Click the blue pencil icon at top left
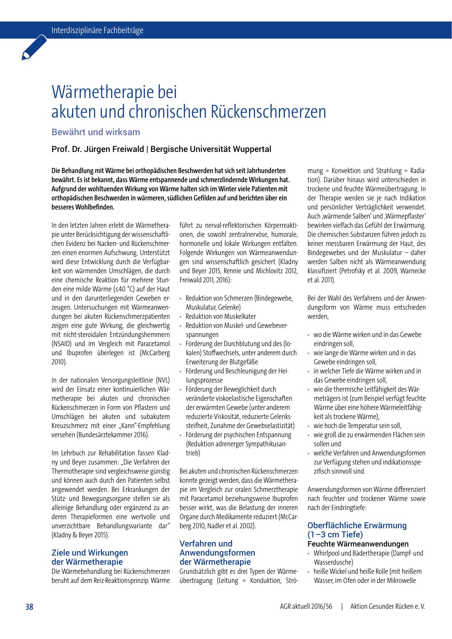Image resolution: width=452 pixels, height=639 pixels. (34, 48)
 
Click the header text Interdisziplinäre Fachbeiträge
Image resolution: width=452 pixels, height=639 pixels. (97, 30)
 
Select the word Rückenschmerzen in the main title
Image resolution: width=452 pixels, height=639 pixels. (268, 112)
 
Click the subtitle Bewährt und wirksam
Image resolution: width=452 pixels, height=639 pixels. (96, 132)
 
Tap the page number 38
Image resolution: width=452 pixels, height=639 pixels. (29, 607)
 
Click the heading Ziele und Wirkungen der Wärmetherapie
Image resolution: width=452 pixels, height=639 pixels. (90, 557)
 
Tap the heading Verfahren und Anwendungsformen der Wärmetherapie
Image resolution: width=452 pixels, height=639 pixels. (217, 553)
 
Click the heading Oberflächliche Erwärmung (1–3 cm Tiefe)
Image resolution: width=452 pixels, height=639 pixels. (357, 530)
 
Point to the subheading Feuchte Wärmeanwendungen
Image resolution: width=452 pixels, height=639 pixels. (358, 544)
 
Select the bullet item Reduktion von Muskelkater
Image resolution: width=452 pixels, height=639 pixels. (221, 316)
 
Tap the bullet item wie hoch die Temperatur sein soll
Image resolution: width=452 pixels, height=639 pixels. (357, 426)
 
